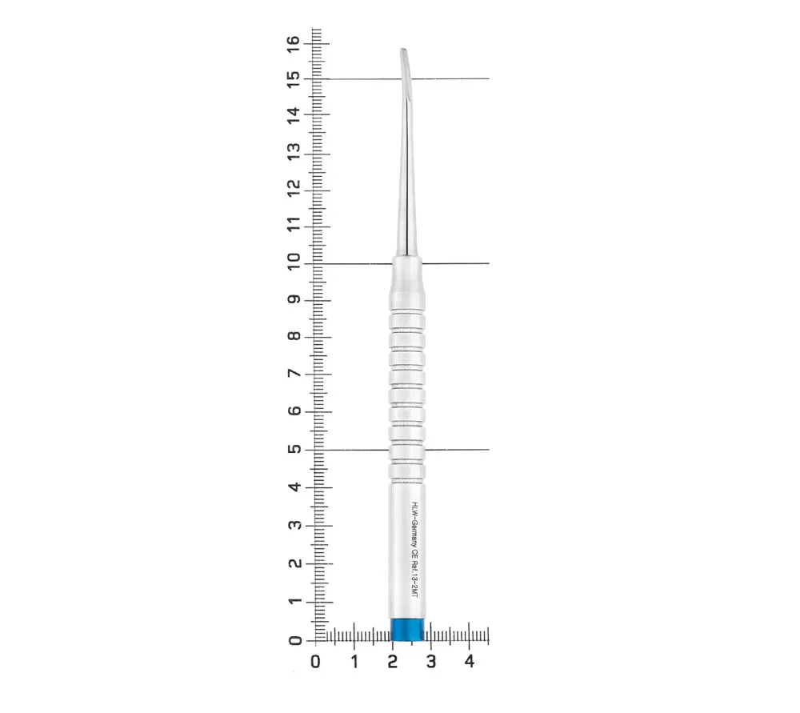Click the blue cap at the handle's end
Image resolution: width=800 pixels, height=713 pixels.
pyautogui.click(x=407, y=629)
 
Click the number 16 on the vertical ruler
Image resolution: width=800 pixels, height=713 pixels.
pyautogui.click(x=293, y=44)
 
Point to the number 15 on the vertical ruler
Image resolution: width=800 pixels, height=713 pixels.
pyautogui.click(x=293, y=79)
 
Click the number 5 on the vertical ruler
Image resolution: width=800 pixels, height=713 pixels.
pyautogui.click(x=294, y=450)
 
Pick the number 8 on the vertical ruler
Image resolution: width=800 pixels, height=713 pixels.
pyautogui.click(x=294, y=336)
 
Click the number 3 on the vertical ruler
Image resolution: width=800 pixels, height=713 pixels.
pyautogui.click(x=294, y=525)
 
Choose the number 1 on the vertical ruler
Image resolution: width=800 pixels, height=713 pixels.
pyautogui.click(x=294, y=601)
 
